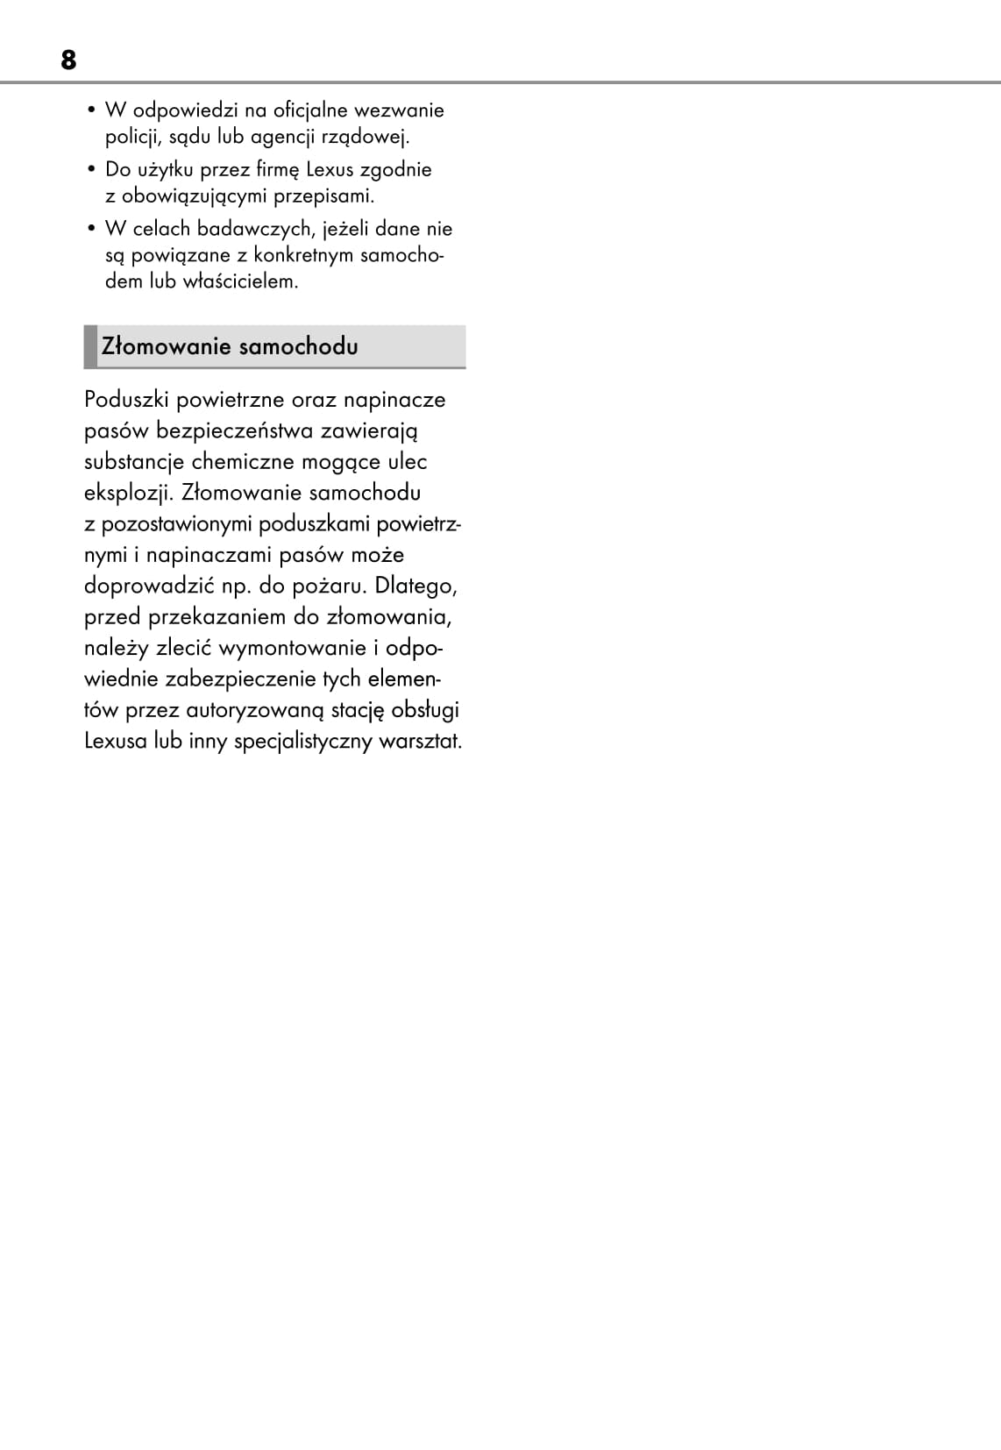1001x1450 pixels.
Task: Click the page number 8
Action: [68, 60]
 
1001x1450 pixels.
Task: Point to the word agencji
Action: [284, 138]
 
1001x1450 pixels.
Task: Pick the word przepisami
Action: [323, 195]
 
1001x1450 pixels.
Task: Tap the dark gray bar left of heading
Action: [90, 346]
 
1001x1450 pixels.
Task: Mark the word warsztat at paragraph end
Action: [420, 741]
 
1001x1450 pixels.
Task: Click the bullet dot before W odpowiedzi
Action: [91, 110]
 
